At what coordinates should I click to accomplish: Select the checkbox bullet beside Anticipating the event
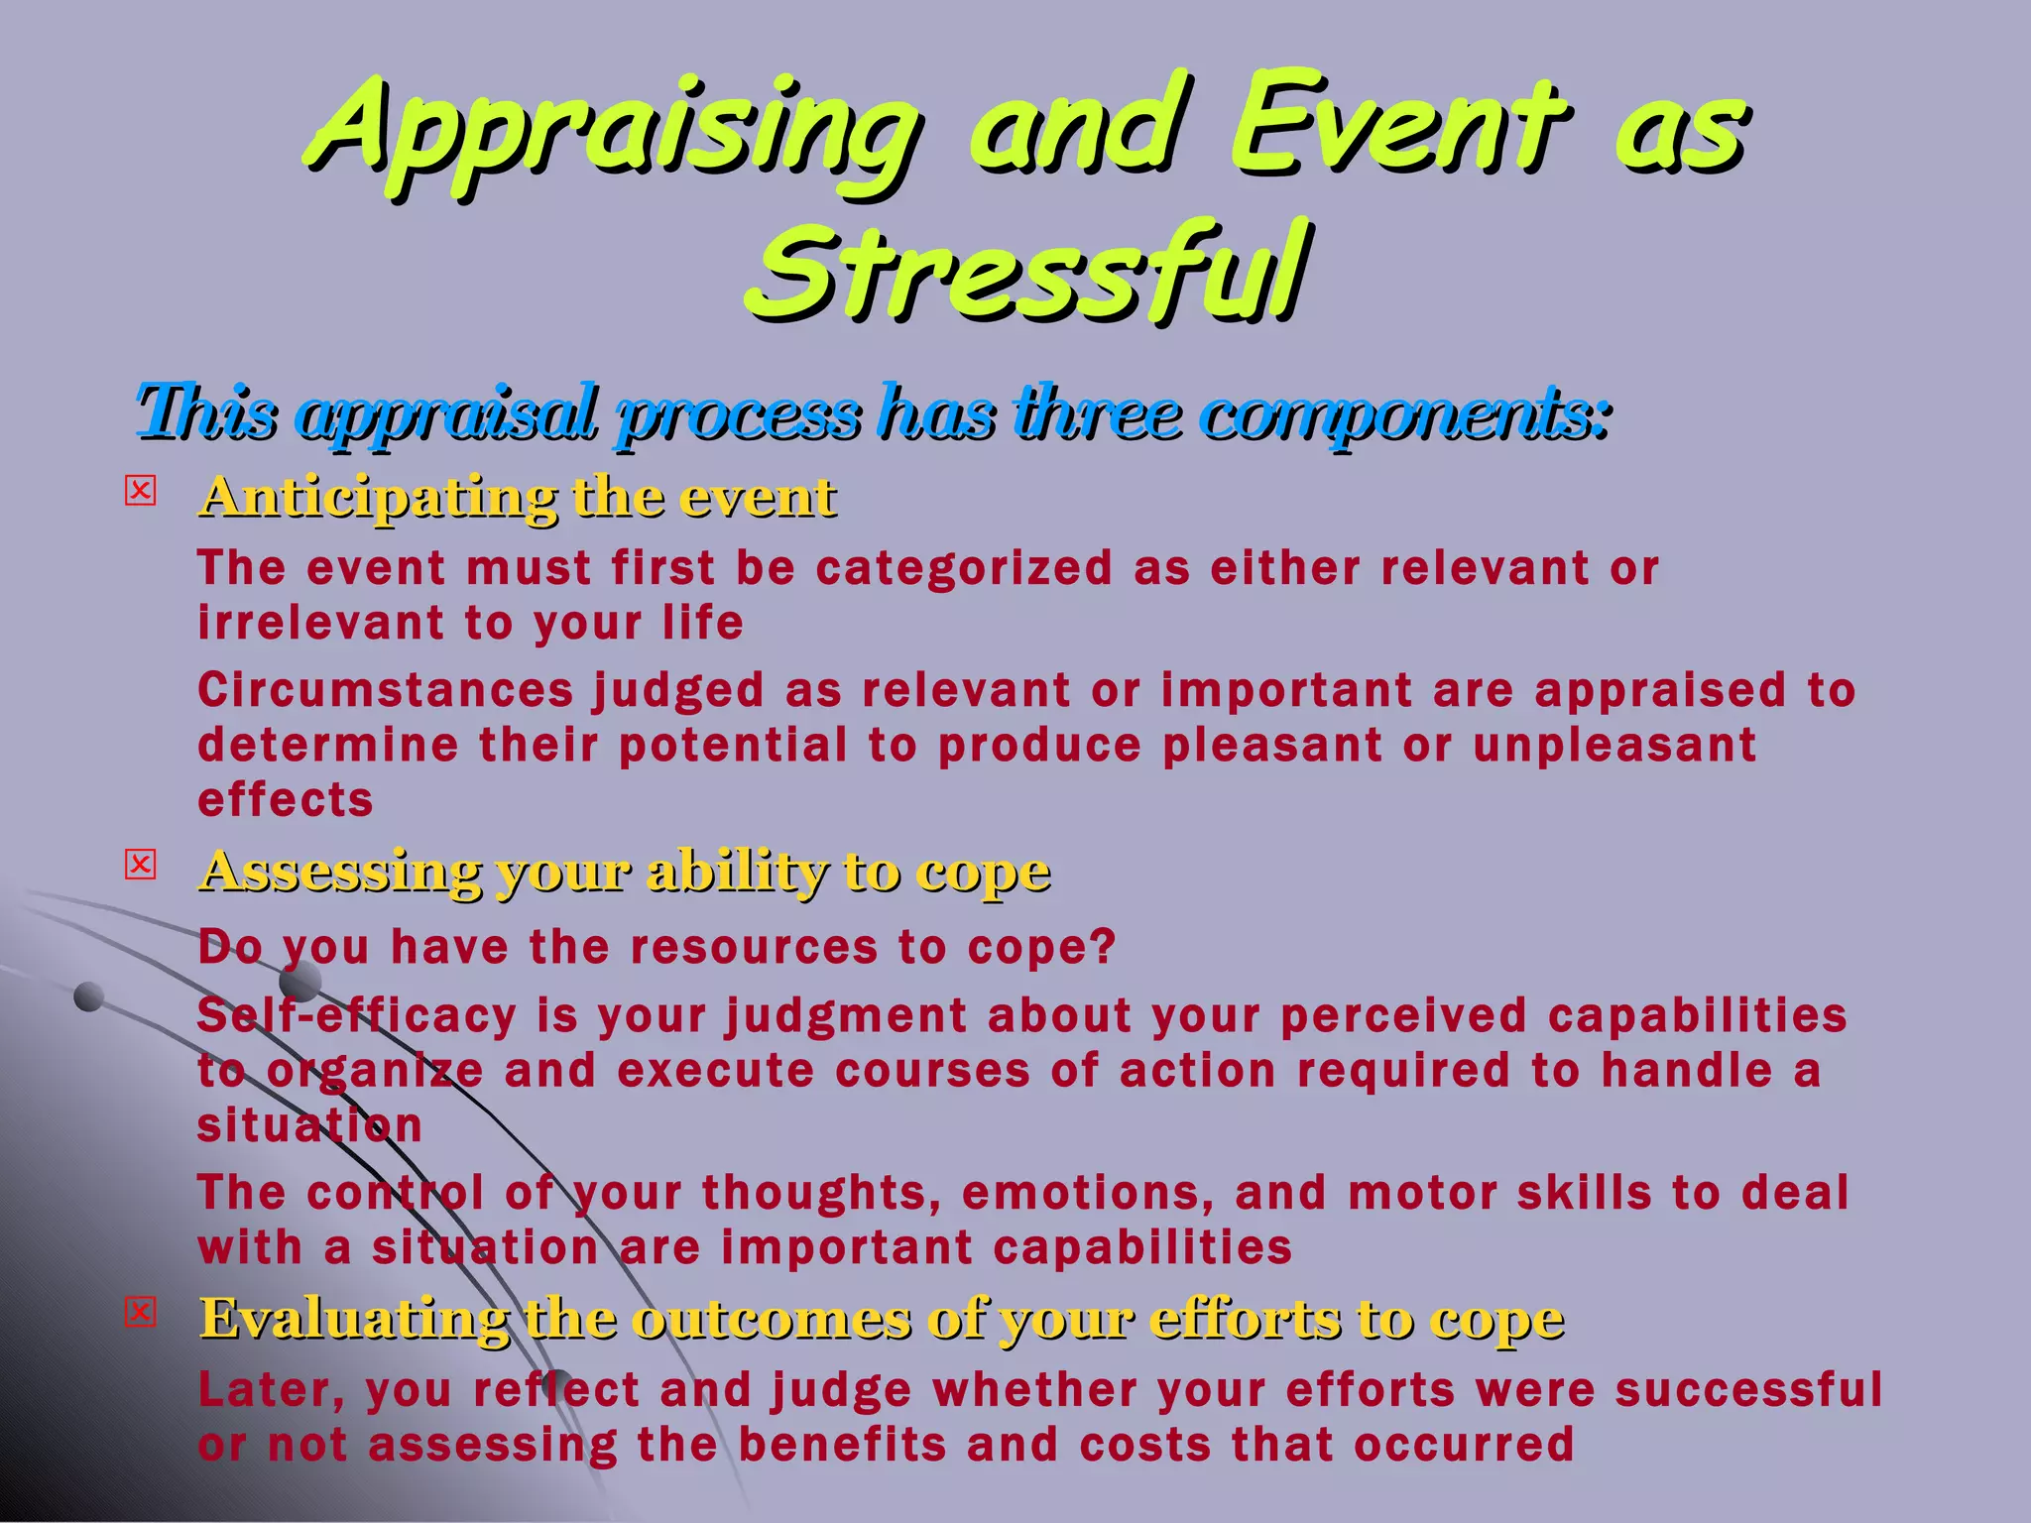point(141,492)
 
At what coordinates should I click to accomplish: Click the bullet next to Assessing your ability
point(141,866)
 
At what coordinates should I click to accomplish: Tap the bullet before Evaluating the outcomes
point(141,1313)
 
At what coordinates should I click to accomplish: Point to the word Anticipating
point(378,497)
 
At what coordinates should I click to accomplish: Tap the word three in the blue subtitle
point(1097,412)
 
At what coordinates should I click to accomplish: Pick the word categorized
point(964,569)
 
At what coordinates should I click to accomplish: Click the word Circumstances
point(385,690)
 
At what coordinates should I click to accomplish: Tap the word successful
point(1748,1389)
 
